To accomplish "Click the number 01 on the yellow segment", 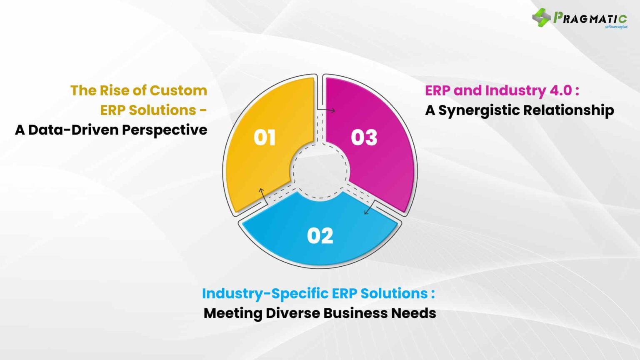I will [x=265, y=137].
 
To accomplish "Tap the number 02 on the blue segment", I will [x=320, y=236].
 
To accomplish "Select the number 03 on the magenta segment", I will [x=364, y=137].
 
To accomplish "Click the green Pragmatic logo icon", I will [x=541, y=17].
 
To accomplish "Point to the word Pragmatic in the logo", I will [x=590, y=18].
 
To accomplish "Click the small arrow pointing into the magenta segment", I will [x=331, y=110].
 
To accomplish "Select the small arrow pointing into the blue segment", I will [x=367, y=211].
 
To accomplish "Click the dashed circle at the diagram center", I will [x=320, y=170].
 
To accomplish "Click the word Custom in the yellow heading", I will [x=178, y=90].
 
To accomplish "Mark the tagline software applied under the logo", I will [x=616, y=27].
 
